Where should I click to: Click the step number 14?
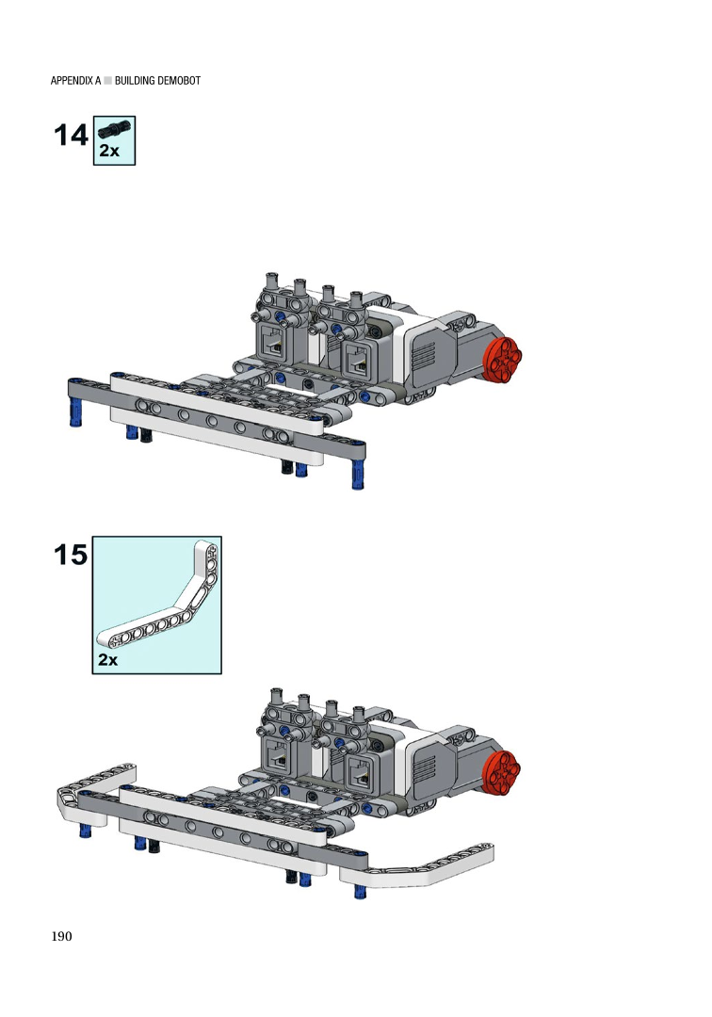point(70,135)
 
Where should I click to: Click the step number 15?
point(70,555)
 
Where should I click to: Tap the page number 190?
point(61,936)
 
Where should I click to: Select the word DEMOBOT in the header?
point(179,80)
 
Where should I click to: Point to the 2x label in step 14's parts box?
point(109,151)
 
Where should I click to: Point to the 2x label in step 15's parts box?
point(107,659)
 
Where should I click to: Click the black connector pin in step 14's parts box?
point(114,130)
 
